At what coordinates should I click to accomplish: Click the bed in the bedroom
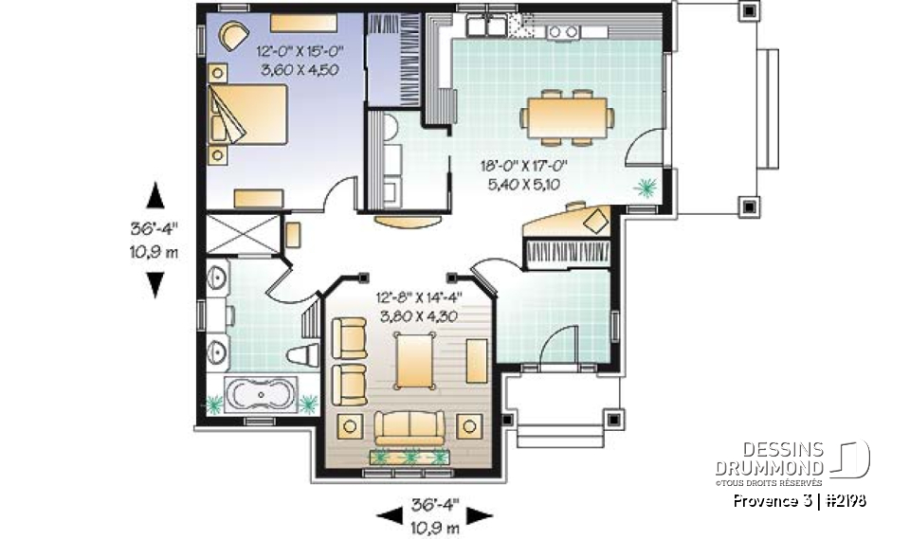tap(248, 114)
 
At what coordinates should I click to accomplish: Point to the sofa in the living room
tap(409, 427)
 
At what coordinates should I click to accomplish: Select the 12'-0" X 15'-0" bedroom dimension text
tap(298, 51)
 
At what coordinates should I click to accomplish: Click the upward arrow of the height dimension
tap(155, 195)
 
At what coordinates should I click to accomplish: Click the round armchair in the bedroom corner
tap(231, 36)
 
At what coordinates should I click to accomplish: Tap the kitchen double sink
tap(484, 27)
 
